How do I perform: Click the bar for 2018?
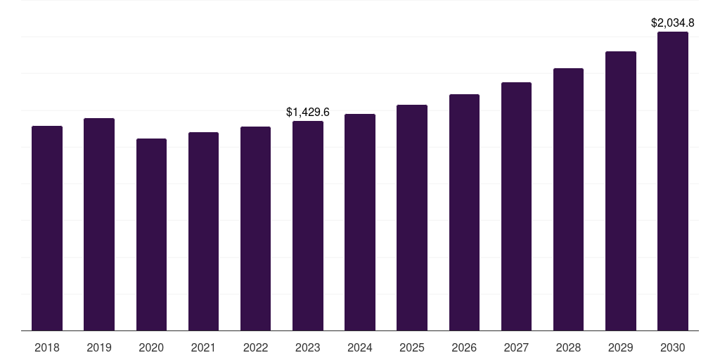point(47,229)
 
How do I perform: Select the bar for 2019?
point(99,224)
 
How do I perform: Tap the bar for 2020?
point(151,235)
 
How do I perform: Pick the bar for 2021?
point(203,231)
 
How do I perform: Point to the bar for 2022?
point(255,229)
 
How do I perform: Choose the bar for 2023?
point(308,226)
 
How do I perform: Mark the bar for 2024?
point(360,222)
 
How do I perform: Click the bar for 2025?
point(412,218)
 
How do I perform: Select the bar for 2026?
point(464,212)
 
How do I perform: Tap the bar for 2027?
point(516,207)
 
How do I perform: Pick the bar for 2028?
point(568,200)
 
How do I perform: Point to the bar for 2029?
point(620,191)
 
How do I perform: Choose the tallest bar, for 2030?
point(673,181)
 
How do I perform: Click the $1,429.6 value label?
point(308,112)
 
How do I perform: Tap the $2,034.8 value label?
point(673,22)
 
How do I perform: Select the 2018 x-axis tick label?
point(47,347)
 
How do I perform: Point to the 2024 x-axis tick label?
point(360,347)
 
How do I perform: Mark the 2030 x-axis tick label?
point(673,347)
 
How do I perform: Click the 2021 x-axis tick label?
point(203,347)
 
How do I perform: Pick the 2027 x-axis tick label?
point(516,347)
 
